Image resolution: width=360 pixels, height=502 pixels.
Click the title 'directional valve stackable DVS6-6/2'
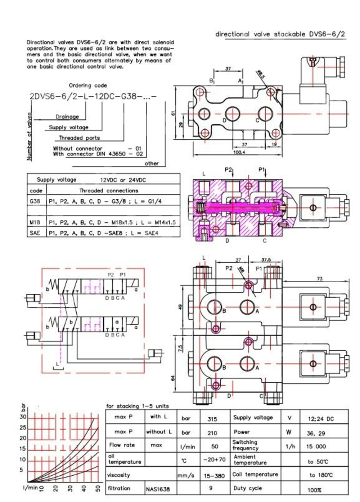tap(280, 34)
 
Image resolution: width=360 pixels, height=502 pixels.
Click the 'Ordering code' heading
tap(88, 85)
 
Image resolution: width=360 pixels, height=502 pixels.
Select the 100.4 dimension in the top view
tap(239, 152)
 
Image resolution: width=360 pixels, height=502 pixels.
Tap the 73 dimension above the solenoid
tap(319, 279)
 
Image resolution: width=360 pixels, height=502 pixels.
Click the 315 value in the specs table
tap(212, 419)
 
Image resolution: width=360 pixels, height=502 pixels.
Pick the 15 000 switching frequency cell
tap(316, 446)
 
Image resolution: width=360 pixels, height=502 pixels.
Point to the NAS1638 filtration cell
tap(158, 489)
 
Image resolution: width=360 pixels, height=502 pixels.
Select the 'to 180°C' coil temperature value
tap(321, 475)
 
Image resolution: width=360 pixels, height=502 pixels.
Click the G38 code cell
tap(35, 201)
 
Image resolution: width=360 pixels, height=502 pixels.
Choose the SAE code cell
tap(35, 233)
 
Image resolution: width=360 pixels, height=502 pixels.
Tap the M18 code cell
tap(35, 222)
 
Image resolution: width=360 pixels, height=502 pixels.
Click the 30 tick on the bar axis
tap(23, 417)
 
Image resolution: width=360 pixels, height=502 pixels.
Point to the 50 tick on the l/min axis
tap(97, 489)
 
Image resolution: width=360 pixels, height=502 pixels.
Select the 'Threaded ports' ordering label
tap(79, 138)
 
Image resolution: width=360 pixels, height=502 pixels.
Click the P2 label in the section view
tap(228, 169)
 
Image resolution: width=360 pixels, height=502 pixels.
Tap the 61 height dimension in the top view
tap(173, 113)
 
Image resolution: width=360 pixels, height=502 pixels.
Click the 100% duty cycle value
tap(314, 490)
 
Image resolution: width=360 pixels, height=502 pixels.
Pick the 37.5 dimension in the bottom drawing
tap(266, 259)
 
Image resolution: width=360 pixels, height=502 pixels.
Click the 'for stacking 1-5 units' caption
tap(137, 406)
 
